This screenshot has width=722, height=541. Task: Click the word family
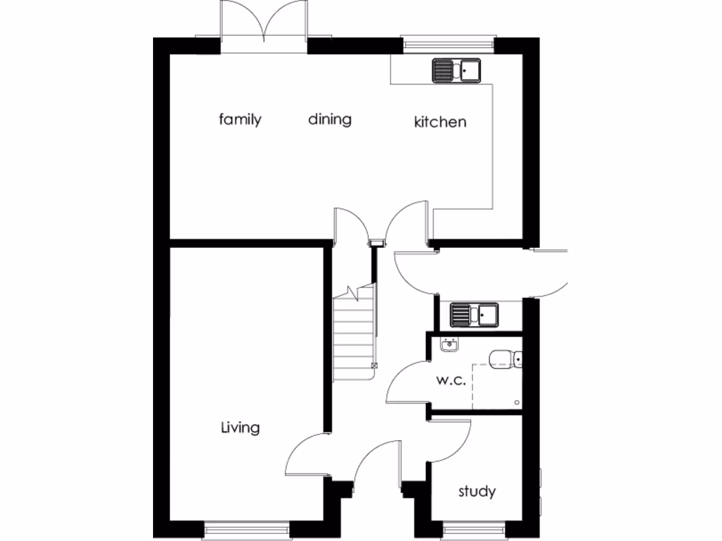[240, 119]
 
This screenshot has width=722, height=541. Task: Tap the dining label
[329, 119]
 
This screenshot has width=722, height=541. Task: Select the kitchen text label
[439, 122]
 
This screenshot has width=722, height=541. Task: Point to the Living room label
[240, 427]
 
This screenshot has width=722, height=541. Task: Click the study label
[477, 491]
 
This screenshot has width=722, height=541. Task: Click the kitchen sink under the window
[456, 70]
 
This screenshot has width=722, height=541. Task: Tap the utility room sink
[475, 314]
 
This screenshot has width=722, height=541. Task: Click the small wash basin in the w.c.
[449, 344]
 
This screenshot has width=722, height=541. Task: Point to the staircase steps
[353, 338]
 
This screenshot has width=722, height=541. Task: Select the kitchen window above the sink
[449, 43]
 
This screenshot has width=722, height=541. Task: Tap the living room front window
[247, 528]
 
